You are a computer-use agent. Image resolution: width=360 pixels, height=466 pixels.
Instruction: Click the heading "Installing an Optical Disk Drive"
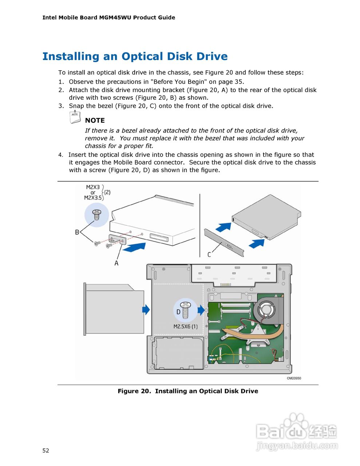point(135,56)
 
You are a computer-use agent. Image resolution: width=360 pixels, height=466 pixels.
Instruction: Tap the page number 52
point(46,450)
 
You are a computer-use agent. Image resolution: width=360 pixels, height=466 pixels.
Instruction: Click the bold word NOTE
point(95,121)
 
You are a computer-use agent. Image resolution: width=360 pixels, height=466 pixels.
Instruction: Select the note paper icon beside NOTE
point(75,117)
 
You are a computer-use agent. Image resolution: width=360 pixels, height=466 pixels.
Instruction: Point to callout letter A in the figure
point(116,263)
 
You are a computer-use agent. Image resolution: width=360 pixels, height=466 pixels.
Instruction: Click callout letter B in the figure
point(77,232)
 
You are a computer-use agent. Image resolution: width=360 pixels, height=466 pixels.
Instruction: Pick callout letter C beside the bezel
point(209,254)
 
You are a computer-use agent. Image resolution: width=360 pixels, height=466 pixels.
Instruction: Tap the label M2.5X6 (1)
point(185,327)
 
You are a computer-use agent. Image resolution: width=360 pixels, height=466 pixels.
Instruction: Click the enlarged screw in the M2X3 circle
point(96,215)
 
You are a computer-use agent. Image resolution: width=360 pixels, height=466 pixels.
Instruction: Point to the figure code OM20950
point(294,378)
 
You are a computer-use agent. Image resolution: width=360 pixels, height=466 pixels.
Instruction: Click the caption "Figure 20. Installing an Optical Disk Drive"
point(188,391)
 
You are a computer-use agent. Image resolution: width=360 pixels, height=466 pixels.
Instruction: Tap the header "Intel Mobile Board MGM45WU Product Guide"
point(109,17)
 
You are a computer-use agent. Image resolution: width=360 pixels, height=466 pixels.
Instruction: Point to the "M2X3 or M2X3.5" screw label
point(93,192)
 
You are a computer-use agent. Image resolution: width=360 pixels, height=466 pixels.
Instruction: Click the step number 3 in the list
point(61,106)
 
